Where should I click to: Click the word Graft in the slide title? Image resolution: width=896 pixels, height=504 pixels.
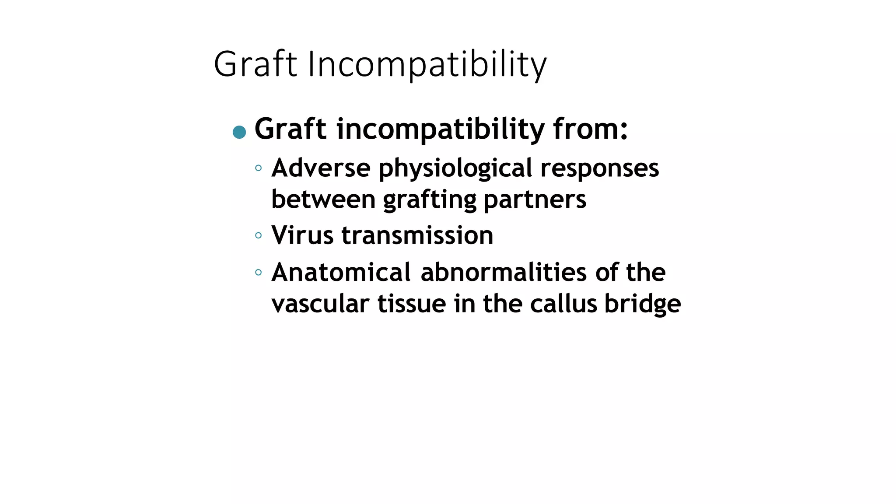point(255,64)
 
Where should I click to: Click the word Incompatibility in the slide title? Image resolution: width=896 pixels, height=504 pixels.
point(427,64)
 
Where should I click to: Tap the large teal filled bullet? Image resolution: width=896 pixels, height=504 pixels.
point(239,132)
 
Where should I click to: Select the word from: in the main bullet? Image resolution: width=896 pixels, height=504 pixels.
point(590,129)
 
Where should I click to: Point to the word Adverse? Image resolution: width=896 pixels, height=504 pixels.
point(321,168)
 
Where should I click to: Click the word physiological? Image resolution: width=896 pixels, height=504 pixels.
point(455,168)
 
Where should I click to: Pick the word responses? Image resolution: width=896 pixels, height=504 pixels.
point(599,168)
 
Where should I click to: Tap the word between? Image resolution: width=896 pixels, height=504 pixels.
point(323,199)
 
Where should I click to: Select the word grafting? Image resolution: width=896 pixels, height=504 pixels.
point(429,199)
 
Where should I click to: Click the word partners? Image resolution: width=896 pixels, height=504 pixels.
point(535,199)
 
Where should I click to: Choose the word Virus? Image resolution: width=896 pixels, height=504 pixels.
point(302,235)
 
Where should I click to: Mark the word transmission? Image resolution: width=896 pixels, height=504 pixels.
point(417,235)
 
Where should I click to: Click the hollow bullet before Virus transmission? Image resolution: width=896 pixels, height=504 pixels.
point(258,236)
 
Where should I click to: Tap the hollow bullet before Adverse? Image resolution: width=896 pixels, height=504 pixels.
point(258,168)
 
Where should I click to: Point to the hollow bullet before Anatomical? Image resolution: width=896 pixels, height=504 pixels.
point(258,273)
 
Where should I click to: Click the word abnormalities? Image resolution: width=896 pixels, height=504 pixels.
point(503,272)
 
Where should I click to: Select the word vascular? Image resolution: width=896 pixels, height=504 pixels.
point(320,304)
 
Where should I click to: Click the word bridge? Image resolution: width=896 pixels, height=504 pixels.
point(642,304)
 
